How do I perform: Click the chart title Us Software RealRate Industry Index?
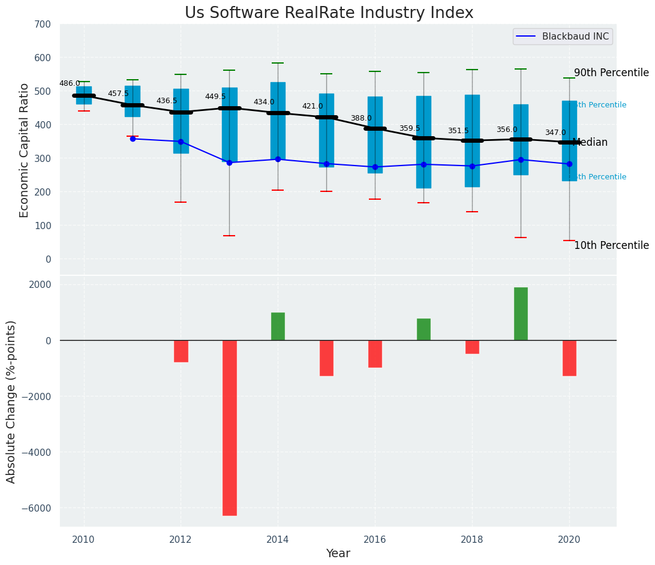coord(329,13)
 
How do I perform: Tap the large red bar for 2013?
coord(230,428)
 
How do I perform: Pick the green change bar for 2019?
coord(521,314)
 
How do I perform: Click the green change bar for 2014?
coord(278,326)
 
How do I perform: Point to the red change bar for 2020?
coord(569,358)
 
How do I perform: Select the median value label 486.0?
coord(70,83)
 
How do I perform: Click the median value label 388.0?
coord(361,118)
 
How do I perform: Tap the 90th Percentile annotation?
coord(611,73)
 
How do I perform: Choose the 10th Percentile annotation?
coord(611,245)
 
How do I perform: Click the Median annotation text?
coord(590,142)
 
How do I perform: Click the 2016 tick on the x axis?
coord(375,539)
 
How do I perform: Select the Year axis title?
coord(338,554)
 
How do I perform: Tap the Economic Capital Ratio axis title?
coord(25,150)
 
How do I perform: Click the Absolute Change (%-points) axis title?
coord(11,402)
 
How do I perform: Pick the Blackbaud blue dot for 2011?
coord(133,139)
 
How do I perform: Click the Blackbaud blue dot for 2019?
coord(521,160)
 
